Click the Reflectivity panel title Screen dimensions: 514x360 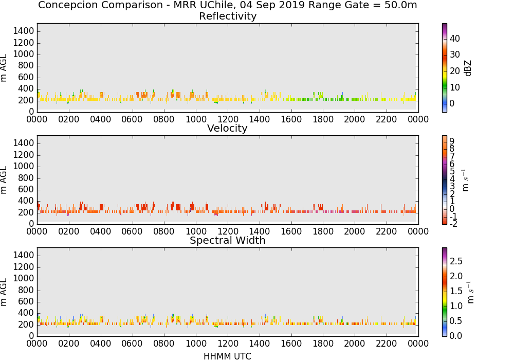point(228,16)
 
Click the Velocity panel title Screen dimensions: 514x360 point(227,128)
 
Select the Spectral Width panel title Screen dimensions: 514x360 point(228,240)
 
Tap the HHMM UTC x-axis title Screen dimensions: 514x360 point(227,356)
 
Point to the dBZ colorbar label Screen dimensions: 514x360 point(468,68)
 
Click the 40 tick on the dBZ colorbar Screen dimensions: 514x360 point(455,39)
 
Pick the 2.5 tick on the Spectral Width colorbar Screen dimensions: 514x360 point(456,261)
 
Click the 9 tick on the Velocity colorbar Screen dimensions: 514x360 point(452,141)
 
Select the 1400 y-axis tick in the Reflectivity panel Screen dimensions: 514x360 point(23,31)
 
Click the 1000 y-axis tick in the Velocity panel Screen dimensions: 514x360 point(23,166)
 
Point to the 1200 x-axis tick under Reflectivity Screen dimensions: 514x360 point(228,119)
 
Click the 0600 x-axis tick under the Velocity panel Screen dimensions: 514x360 point(132,231)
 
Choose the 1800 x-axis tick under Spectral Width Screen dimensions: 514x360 point(323,344)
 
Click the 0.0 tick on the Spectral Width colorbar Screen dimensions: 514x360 point(456,336)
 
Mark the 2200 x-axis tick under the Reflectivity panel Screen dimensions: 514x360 point(386,119)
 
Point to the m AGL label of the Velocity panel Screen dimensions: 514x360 point(4,179)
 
